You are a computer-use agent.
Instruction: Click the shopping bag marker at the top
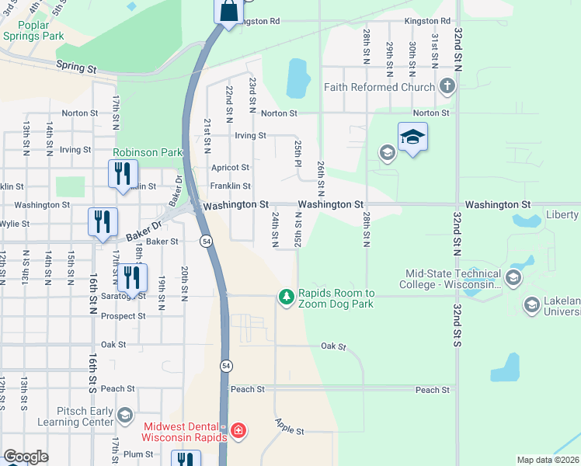(x=228, y=12)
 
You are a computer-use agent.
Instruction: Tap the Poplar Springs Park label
(x=32, y=30)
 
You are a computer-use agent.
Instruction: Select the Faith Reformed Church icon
(x=447, y=86)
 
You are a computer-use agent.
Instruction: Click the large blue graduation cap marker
(x=412, y=138)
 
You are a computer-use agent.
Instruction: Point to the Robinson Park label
(x=147, y=153)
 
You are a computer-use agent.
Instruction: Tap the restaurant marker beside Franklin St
(x=123, y=175)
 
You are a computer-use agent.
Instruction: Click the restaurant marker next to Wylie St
(x=103, y=223)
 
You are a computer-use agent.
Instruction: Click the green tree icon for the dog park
(x=287, y=297)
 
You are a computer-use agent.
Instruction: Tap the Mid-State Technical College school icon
(x=513, y=278)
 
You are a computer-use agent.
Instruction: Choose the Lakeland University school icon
(x=532, y=304)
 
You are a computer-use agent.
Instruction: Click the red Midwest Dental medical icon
(x=238, y=430)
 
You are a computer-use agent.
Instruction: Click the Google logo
(x=26, y=457)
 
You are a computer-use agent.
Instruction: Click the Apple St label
(x=288, y=426)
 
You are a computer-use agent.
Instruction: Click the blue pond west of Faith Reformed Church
(x=297, y=78)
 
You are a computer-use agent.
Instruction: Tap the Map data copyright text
(x=547, y=460)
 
